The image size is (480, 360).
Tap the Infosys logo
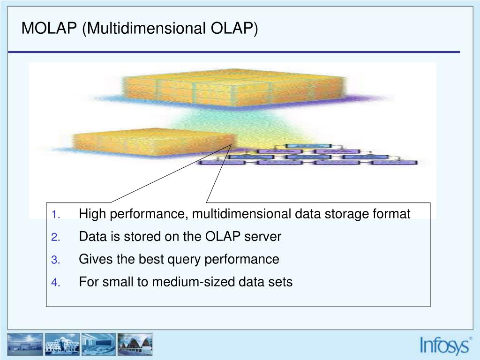click(444, 345)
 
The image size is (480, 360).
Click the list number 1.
click(54, 215)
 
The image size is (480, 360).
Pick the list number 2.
click(55, 238)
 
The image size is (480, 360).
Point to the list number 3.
click(55, 260)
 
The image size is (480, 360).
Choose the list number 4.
click(55, 283)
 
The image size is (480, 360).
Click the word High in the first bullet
click(91, 214)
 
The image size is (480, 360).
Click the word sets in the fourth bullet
click(280, 282)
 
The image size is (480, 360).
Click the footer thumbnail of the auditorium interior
click(98, 345)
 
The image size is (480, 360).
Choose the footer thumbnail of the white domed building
click(62, 345)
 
